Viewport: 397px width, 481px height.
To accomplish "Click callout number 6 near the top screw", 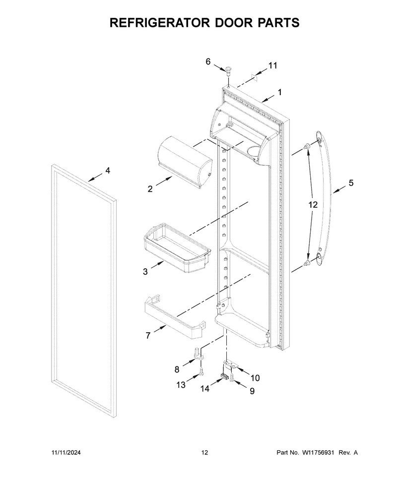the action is coord(208,61).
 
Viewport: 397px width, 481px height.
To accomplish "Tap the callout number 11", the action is coord(272,65).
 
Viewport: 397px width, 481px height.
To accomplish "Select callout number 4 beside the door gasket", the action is coord(108,171).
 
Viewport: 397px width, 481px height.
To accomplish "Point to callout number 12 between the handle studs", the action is coord(313,205).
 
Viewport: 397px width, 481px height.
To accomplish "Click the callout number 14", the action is coord(204,389).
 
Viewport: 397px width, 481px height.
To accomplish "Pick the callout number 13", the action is coord(181,385).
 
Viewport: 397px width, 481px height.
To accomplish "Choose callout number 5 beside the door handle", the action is coord(351,183).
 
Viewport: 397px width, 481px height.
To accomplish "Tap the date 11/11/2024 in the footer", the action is coord(66,452).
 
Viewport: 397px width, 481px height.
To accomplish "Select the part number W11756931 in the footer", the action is coord(318,452).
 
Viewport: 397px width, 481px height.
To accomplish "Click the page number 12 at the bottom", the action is coord(204,452).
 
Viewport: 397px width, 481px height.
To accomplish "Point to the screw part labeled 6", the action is coord(229,71).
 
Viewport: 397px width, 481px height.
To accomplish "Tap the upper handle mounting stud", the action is coord(307,147).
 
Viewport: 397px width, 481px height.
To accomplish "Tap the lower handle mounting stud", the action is coord(307,263).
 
